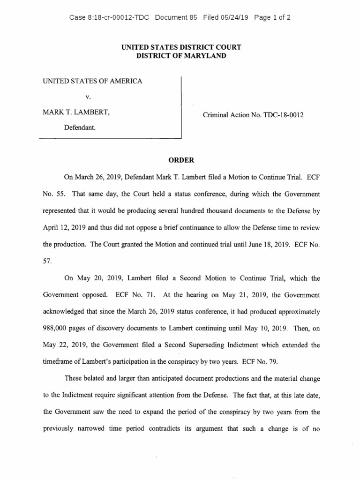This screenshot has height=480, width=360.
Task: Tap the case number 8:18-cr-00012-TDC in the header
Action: pyautogui.click(x=109, y=18)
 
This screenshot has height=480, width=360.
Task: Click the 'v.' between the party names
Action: pyautogui.click(x=87, y=97)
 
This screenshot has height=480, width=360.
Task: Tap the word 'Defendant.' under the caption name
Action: pyautogui.click(x=80, y=127)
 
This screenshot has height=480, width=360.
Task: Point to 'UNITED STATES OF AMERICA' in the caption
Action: pyautogui.click(x=92, y=81)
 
